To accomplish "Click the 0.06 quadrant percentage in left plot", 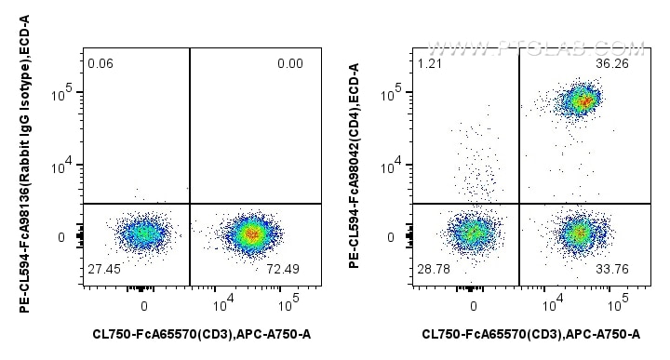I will (x=100, y=63).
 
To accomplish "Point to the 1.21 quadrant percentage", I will (x=430, y=63).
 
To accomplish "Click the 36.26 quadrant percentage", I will (x=629, y=63).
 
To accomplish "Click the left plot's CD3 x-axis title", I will (x=201, y=334).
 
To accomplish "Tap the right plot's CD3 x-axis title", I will (x=530, y=334).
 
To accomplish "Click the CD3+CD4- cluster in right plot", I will (x=579, y=232).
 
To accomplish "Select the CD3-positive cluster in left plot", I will (x=249, y=233).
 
